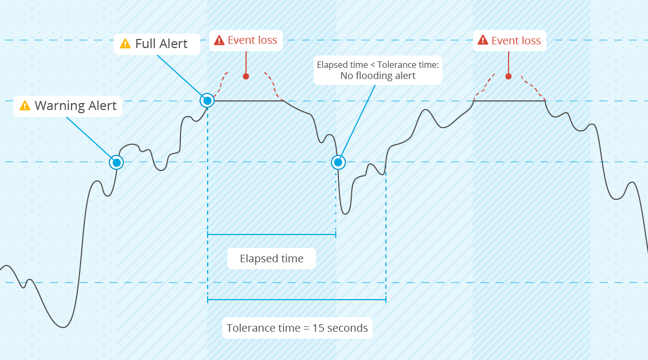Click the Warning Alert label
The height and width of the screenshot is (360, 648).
(68, 106)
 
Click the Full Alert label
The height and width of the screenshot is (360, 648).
(157, 44)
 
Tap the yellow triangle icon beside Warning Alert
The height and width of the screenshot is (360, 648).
(25, 106)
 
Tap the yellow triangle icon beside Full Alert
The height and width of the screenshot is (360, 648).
(125, 44)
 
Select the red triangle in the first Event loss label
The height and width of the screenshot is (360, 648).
(219, 40)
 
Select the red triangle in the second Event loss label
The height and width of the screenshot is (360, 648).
(483, 40)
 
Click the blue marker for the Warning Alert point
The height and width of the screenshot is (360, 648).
(116, 162)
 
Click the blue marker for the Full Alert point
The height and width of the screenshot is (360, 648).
(207, 101)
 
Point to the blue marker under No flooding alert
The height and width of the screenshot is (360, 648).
(338, 162)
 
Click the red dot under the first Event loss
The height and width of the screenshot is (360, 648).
(246, 76)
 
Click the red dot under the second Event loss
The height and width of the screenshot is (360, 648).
(509, 76)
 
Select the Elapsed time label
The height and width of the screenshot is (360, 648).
(272, 259)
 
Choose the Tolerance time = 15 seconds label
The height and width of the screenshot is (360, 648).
(297, 328)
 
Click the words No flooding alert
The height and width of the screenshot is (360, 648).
(378, 76)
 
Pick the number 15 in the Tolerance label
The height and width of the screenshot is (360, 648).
(318, 328)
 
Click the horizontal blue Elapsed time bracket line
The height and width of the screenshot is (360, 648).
(272, 234)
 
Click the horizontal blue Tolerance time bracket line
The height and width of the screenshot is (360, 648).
(297, 300)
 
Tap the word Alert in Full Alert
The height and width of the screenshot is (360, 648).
(173, 44)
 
